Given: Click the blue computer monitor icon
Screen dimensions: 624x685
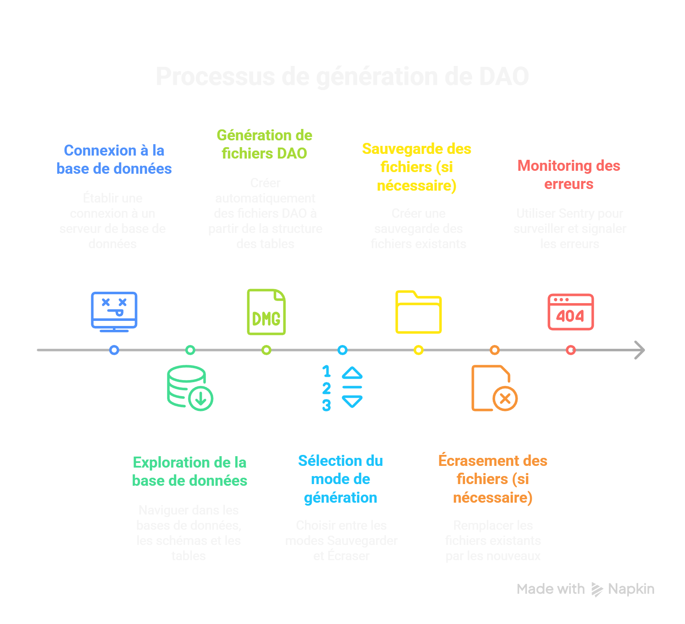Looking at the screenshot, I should [x=114, y=311].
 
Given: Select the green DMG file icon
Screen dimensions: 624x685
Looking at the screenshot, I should [x=266, y=312].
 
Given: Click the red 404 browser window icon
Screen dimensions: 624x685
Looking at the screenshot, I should [x=571, y=312].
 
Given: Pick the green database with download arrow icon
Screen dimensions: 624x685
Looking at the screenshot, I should [x=190, y=388].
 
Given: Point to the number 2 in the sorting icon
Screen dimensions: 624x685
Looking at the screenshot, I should [x=326, y=388].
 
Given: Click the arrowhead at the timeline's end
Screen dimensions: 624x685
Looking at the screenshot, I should [x=640, y=350].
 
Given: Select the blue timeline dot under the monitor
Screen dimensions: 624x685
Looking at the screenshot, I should [x=114, y=350].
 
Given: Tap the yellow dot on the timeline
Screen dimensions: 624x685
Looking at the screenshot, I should [x=419, y=350].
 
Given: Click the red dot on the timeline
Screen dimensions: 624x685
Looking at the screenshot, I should [x=571, y=350].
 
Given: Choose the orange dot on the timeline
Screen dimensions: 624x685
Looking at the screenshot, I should [x=495, y=350].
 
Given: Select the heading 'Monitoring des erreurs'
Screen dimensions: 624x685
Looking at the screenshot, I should [x=569, y=175].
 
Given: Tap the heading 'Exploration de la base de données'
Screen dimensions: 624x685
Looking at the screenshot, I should [x=189, y=471].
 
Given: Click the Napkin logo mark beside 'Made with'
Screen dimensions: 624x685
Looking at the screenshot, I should [x=597, y=589].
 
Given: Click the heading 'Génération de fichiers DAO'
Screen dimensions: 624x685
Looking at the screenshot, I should [x=265, y=144].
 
